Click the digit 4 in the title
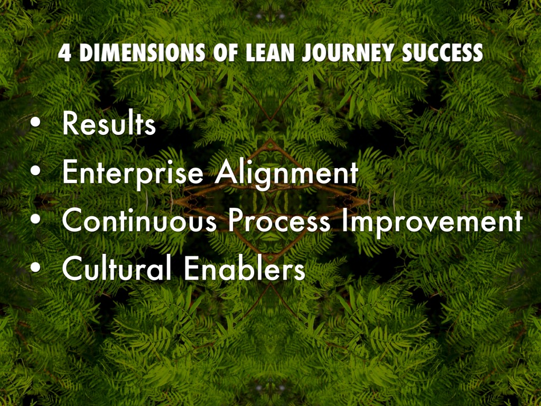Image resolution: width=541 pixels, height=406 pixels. (63, 53)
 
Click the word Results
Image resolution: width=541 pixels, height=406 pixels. (109, 125)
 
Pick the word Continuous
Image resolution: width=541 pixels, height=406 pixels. (139, 222)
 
